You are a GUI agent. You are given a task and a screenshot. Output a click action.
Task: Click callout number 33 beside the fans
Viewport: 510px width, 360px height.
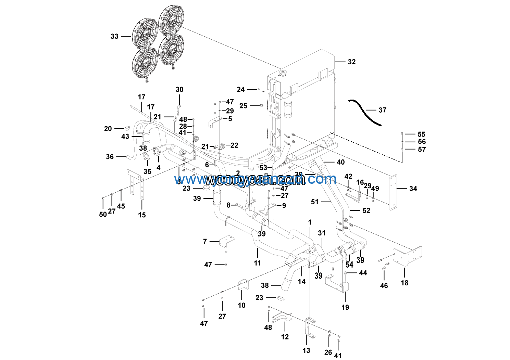pyautogui.click(x=114, y=36)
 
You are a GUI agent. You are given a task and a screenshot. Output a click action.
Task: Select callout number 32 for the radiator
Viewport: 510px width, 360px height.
pyautogui.click(x=352, y=62)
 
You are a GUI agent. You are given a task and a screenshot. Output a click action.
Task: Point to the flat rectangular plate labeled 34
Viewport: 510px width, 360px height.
pyautogui.click(x=393, y=192)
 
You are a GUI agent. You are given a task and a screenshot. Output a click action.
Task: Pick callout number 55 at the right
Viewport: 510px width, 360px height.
pyautogui.click(x=421, y=134)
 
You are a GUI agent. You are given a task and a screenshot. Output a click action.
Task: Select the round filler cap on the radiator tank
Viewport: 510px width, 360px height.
pyautogui.click(x=283, y=73)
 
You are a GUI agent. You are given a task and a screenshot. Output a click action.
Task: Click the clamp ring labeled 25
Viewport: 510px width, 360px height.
pyautogui.click(x=262, y=105)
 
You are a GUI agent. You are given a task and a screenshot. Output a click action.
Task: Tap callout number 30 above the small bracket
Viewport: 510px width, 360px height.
pyautogui.click(x=179, y=90)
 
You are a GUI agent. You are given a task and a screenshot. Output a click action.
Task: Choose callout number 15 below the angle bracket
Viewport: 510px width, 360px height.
pyautogui.click(x=142, y=215)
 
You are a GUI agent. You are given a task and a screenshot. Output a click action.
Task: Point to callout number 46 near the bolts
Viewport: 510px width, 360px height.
pyautogui.click(x=384, y=285)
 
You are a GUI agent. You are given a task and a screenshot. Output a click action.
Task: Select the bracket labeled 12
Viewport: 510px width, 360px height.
pyautogui.click(x=282, y=318)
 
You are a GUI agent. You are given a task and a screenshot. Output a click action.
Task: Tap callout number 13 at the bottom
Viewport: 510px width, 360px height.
pyautogui.click(x=306, y=350)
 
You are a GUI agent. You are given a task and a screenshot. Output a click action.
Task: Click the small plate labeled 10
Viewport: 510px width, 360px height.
pyautogui.click(x=243, y=285)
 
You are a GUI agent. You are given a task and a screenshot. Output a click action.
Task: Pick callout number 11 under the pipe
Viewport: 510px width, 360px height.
pyautogui.click(x=258, y=263)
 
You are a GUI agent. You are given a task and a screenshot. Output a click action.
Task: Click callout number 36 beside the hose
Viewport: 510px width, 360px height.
pyautogui.click(x=110, y=157)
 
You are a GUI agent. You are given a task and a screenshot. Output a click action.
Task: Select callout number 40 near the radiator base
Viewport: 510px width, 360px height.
pyautogui.click(x=340, y=162)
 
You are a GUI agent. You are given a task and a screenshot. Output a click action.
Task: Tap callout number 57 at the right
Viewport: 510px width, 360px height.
pyautogui.click(x=422, y=150)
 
